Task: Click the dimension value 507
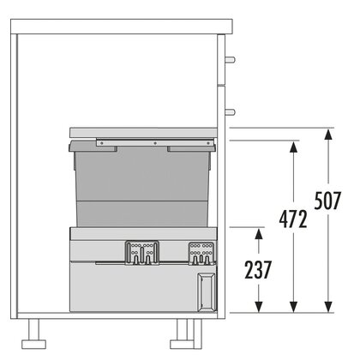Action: (x=327, y=201)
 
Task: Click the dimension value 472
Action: (x=293, y=219)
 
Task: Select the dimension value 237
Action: (x=258, y=270)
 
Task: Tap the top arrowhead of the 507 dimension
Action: (x=328, y=135)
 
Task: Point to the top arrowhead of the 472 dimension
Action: (x=293, y=147)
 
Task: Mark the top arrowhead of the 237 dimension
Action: (x=259, y=234)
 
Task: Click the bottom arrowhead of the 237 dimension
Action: (x=259, y=307)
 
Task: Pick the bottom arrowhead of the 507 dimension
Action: (x=328, y=307)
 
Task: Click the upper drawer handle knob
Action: (x=231, y=60)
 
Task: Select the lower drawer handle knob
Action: (x=231, y=112)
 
